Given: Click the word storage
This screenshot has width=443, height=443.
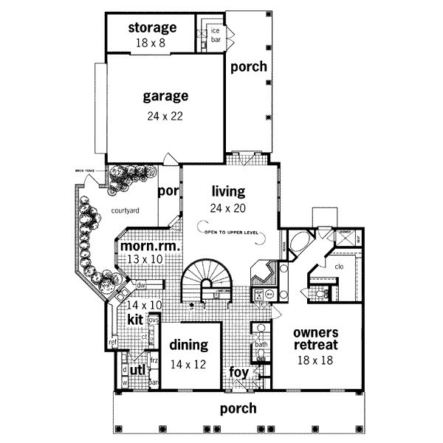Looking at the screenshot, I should tap(152, 28).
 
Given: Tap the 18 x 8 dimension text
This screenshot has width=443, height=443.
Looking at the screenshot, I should tap(152, 43).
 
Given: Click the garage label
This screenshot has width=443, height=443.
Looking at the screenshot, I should tap(165, 96).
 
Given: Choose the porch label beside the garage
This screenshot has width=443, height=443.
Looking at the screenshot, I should tap(248, 66).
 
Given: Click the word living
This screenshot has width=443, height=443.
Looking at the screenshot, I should tap(227, 192).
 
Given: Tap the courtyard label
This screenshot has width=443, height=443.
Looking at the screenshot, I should tap(126, 210).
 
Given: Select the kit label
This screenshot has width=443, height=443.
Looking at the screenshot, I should tap(135, 319).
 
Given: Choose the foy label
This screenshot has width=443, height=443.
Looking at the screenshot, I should tap(238, 371).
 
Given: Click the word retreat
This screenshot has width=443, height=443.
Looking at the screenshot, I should tap(316, 345).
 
